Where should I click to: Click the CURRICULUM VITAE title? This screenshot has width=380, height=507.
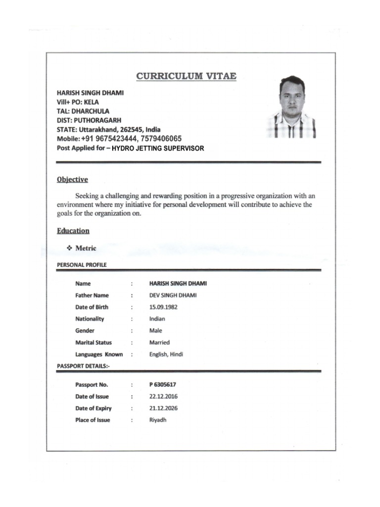click(x=186, y=76)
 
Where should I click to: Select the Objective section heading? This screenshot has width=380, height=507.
click(x=72, y=180)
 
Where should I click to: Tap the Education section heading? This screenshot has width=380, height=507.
click(x=73, y=231)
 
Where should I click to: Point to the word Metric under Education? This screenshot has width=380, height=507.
click(x=86, y=248)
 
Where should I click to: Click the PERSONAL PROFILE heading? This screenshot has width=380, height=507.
click(x=82, y=264)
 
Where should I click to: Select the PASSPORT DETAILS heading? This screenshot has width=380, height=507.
click(x=84, y=366)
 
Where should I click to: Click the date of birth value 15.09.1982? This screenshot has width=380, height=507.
click(x=163, y=307)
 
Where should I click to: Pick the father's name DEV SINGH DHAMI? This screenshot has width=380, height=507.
click(x=173, y=295)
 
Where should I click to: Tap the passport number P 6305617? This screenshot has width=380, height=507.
click(x=163, y=384)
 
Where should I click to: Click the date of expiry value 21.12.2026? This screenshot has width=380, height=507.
click(x=163, y=408)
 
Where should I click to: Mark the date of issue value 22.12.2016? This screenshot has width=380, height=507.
click(x=163, y=396)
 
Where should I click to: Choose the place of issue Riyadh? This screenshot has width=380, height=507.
click(x=158, y=420)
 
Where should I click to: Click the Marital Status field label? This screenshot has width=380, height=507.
click(x=94, y=343)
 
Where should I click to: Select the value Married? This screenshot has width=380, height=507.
click(x=159, y=343)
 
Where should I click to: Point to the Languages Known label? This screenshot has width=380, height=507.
click(x=99, y=355)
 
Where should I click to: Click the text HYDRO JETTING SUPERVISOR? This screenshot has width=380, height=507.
click(x=158, y=148)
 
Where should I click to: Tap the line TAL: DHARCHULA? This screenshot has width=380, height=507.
click(x=83, y=111)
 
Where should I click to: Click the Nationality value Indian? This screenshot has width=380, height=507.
click(x=157, y=319)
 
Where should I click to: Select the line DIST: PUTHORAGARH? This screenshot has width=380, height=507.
click(x=89, y=120)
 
